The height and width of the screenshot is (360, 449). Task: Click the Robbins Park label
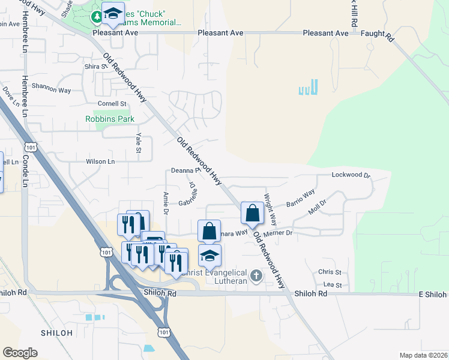[109, 119]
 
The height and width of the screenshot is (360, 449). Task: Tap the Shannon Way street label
[51, 89]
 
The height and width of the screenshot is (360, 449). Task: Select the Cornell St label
[112, 104]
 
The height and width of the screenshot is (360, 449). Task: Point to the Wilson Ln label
[100, 161]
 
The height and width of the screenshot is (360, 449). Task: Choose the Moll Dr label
[316, 210]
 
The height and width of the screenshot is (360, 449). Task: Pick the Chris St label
[330, 272]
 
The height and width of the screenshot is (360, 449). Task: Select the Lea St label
[332, 286]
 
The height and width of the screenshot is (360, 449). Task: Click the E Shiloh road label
[432, 295]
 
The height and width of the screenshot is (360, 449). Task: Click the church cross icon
[256, 276]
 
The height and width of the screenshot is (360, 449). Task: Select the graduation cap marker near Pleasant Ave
[112, 14]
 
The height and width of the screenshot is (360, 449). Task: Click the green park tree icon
[97, 17]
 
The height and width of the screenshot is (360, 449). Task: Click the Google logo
[20, 353]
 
